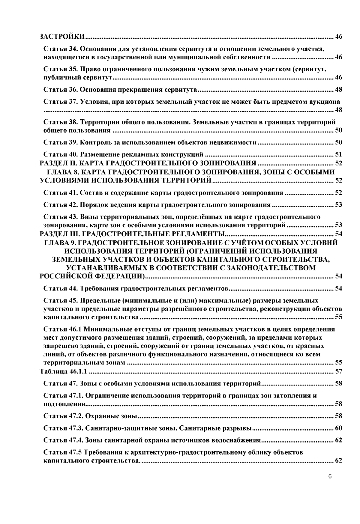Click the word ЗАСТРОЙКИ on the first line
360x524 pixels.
62,37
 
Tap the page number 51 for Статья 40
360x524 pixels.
338,155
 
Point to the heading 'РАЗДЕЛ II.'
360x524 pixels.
58,163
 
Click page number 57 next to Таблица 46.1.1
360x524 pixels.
338,372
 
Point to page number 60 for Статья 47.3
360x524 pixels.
338,428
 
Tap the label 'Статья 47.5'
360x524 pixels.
62,452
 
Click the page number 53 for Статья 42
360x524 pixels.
338,205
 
